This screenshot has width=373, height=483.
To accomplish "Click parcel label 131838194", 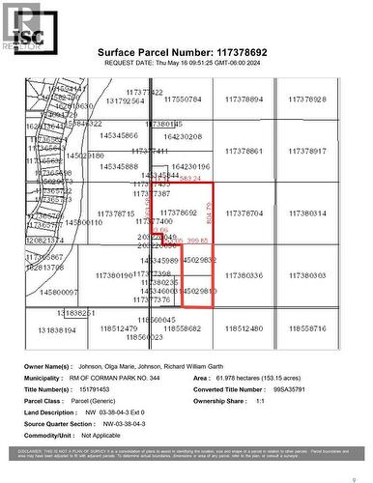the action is coord(57,329).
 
